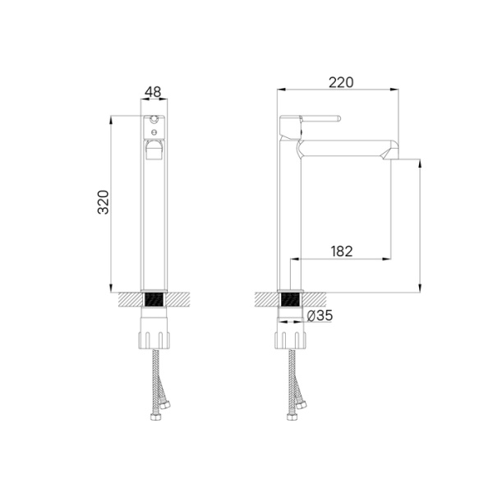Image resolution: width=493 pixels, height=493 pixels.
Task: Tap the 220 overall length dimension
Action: click(340, 81)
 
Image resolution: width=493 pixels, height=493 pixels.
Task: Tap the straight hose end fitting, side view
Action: click(291, 417)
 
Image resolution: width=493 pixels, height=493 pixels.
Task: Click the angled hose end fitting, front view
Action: click(167, 403)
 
